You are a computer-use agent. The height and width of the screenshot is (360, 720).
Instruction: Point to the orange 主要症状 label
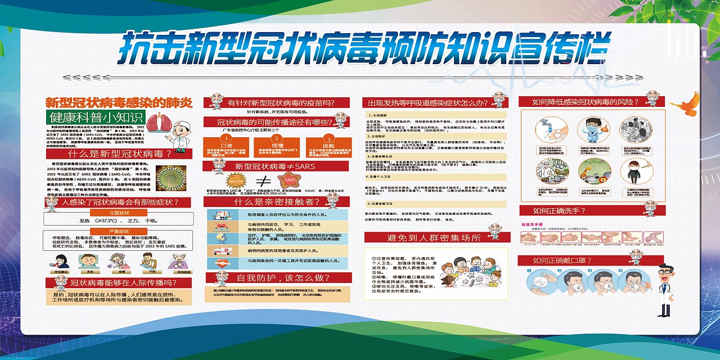coord(119,213)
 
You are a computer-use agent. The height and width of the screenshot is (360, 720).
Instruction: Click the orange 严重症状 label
coord(119,231)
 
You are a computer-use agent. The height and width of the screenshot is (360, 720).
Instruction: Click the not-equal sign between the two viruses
coord(261,181)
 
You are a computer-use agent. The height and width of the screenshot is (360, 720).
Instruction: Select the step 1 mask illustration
coord(537,282)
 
